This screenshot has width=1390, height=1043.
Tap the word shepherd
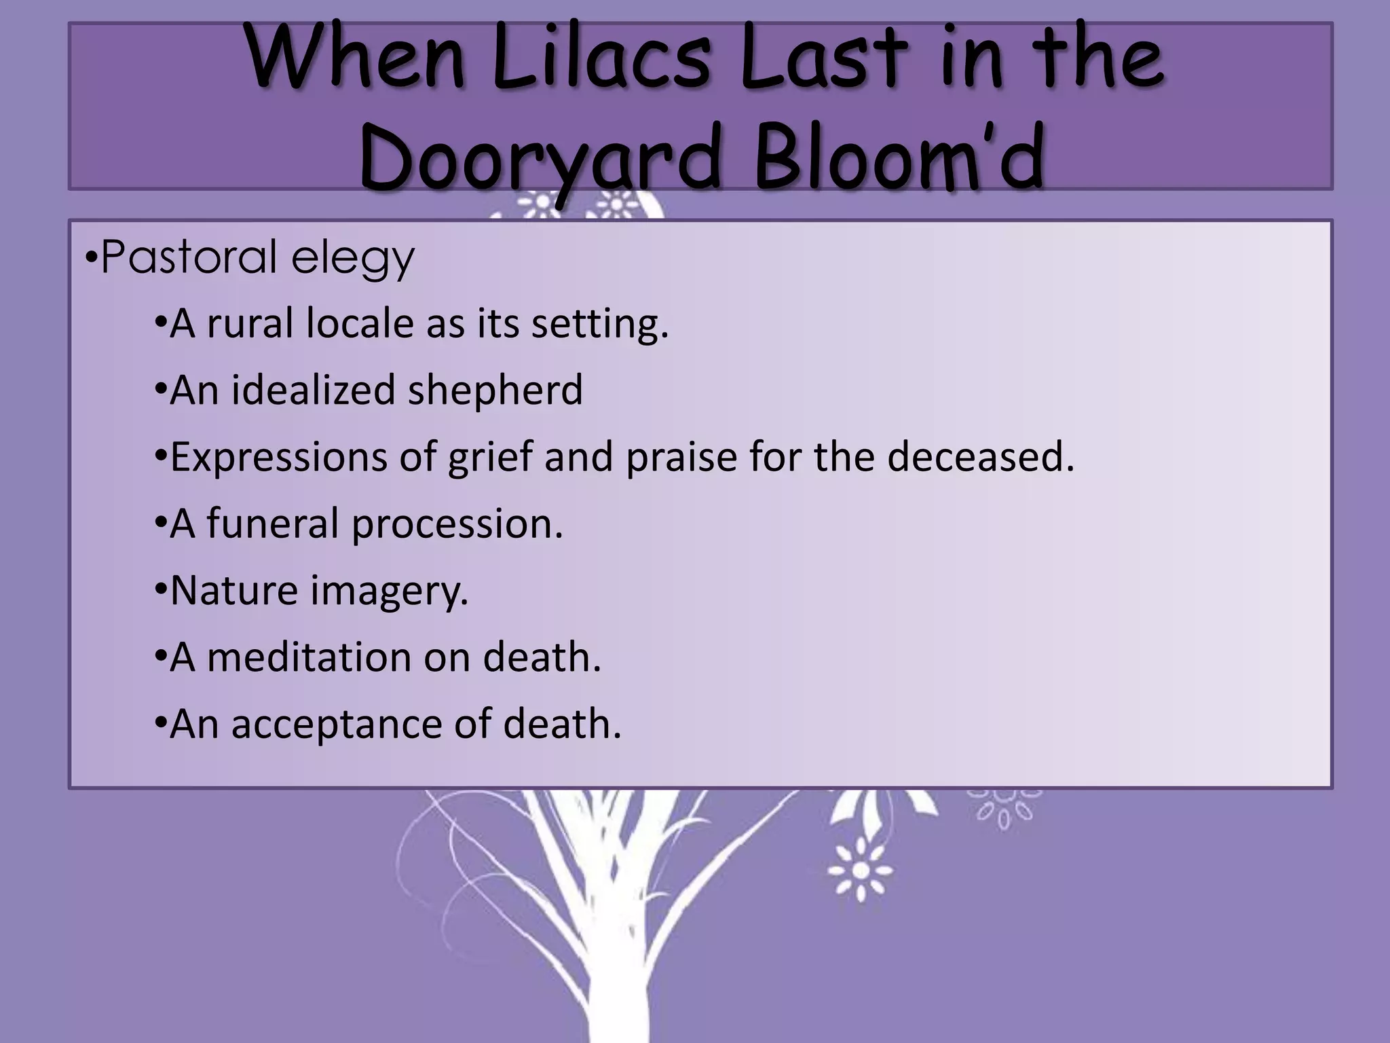tap(495, 390)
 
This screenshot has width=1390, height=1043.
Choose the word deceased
tap(980, 456)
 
